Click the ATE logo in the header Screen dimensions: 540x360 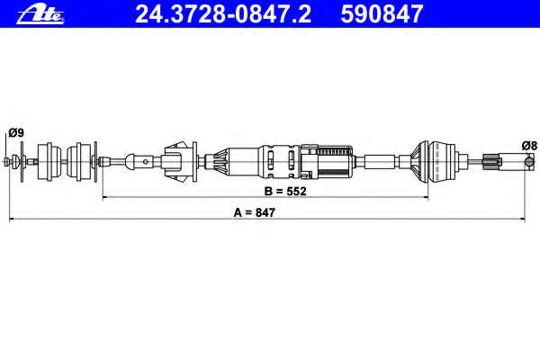(40, 14)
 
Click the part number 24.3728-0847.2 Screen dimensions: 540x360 (223, 14)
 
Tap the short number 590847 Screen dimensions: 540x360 (382, 14)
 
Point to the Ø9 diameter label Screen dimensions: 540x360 (16, 132)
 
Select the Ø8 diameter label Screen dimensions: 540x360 (529, 146)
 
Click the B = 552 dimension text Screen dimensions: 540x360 (285, 191)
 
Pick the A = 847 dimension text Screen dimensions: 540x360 (254, 212)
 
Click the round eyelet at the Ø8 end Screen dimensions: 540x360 (528, 161)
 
